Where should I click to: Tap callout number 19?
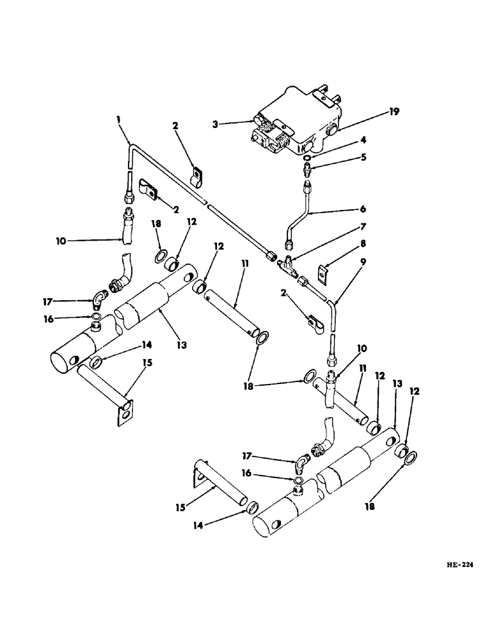[393, 111]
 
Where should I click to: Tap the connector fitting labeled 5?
[308, 171]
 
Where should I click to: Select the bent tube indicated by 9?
[333, 314]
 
